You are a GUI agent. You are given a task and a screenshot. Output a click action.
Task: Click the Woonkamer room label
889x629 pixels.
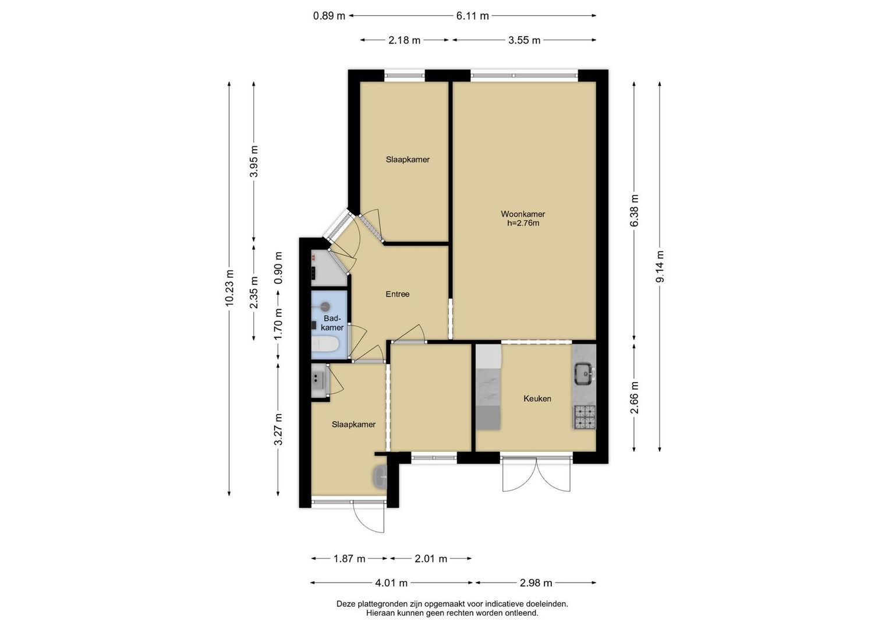point(523,214)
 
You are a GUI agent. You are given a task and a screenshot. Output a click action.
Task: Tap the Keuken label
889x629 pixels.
point(537,398)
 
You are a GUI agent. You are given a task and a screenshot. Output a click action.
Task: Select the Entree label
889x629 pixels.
point(397,294)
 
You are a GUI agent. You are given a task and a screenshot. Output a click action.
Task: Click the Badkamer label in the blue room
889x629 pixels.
point(332,323)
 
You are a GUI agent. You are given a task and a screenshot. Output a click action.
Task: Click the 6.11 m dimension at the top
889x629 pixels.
point(472,16)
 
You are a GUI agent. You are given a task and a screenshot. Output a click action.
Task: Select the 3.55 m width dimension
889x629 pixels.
point(525,40)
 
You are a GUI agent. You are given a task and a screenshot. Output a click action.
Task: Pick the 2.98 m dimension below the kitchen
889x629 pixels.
point(536,583)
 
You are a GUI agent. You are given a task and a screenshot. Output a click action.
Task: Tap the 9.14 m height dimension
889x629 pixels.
point(660,267)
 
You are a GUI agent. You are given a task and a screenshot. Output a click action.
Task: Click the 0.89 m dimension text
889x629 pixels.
point(329,16)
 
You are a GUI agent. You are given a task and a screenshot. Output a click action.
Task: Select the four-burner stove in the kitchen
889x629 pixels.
point(585,417)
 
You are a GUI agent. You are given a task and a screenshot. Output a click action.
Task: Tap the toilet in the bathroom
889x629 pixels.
point(325,344)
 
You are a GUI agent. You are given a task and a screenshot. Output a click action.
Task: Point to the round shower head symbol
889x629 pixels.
point(325,306)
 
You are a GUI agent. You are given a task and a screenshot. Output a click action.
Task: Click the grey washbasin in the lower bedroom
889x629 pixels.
point(380,476)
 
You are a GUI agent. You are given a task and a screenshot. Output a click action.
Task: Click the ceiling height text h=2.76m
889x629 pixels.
point(523,223)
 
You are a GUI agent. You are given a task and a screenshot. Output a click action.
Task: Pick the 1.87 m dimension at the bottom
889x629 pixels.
point(349,559)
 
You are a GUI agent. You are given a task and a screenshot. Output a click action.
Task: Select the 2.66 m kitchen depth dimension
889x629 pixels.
point(635,397)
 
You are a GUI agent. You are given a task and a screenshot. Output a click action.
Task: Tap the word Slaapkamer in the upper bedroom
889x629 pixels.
point(408,159)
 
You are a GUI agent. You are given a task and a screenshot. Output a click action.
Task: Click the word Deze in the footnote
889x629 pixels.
point(346,604)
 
